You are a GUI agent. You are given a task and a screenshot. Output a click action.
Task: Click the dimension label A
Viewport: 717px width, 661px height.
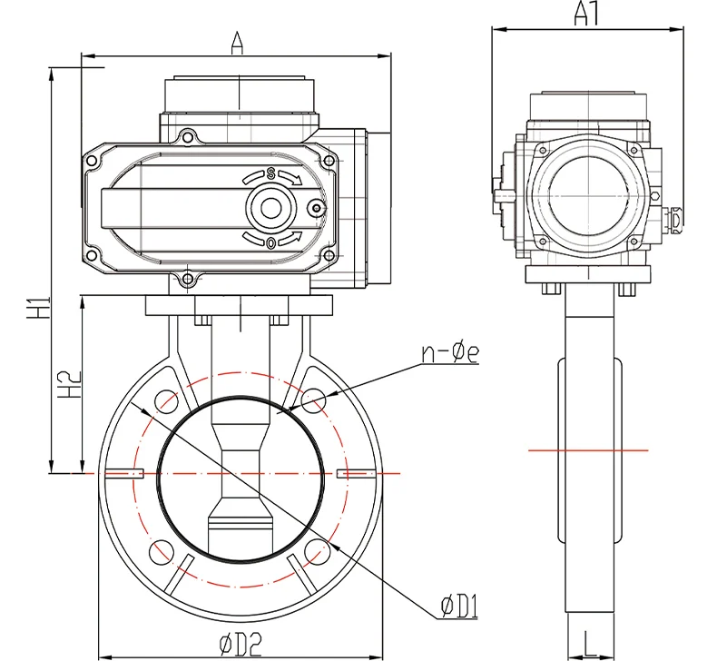(237, 43)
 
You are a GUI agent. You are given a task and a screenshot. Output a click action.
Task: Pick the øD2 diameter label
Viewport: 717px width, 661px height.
(241, 643)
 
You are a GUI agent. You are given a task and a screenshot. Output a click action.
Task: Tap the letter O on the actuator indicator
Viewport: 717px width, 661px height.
(270, 242)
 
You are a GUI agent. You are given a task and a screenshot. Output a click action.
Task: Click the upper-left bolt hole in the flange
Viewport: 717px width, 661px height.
(165, 400)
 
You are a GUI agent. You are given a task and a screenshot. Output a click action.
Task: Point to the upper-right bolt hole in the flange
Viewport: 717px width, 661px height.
(315, 400)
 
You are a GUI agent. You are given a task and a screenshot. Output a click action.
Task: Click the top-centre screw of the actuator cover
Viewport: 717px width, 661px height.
(188, 137)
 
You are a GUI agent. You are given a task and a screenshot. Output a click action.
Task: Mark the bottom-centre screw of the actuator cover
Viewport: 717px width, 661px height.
(188, 279)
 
